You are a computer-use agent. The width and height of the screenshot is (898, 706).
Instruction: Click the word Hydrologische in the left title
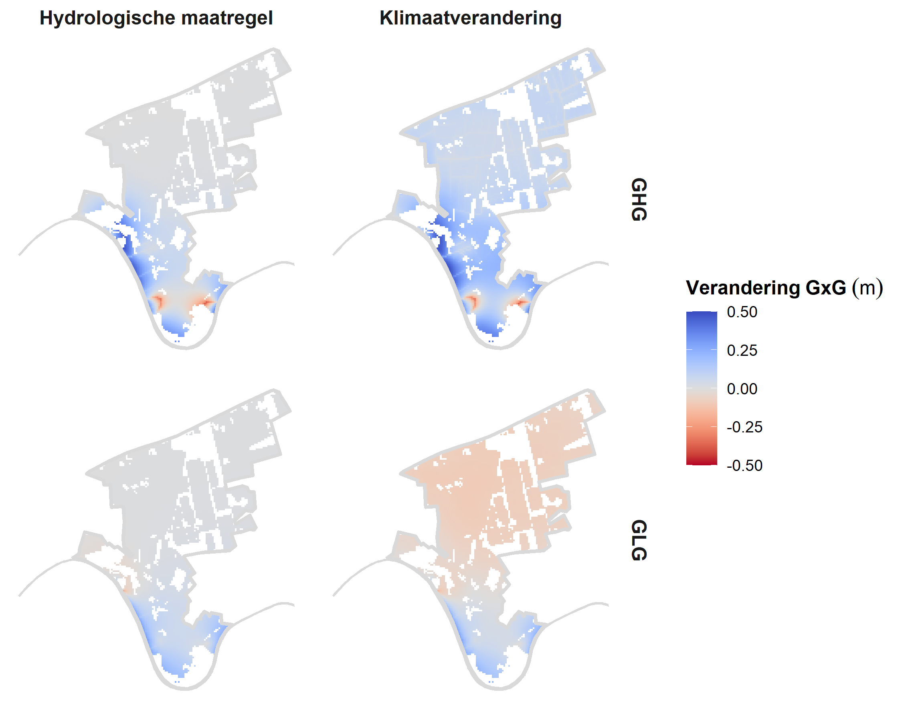pyautogui.click(x=107, y=18)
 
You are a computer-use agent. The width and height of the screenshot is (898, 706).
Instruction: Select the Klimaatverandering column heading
pyautogui.click(x=470, y=18)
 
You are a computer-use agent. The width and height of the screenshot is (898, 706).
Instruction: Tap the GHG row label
pyautogui.click(x=639, y=200)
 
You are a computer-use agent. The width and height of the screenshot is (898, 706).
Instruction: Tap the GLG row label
pyautogui.click(x=639, y=540)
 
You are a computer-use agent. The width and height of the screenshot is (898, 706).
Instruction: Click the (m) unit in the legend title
pyautogui.click(x=867, y=288)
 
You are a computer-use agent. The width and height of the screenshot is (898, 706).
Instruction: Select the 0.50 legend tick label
pyautogui.click(x=742, y=312)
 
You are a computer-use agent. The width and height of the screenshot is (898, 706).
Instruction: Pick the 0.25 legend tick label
pyautogui.click(x=742, y=351)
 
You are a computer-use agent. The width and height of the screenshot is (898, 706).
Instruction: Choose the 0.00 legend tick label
pyautogui.click(x=742, y=389)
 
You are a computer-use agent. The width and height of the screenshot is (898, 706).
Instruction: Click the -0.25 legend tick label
pyautogui.click(x=744, y=427)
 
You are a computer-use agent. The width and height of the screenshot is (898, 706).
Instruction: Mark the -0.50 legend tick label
pyautogui.click(x=744, y=465)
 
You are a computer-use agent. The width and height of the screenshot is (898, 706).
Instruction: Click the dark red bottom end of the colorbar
pyautogui.click(x=702, y=462)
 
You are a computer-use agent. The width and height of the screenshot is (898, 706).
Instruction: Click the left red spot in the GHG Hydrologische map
pyautogui.click(x=158, y=301)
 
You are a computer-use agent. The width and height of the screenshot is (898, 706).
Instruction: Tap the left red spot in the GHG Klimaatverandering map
pyautogui.click(x=472, y=301)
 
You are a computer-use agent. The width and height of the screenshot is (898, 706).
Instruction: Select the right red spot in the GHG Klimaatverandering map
pyautogui.click(x=520, y=303)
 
